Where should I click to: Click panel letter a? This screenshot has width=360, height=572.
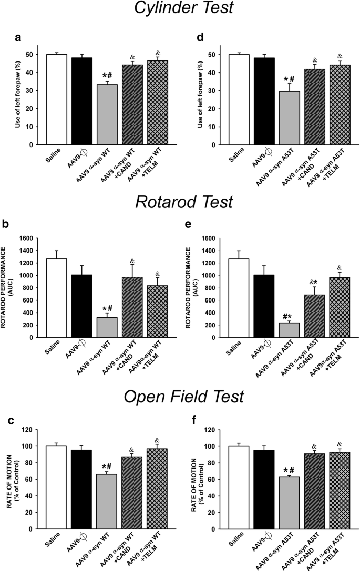click(x=19, y=37)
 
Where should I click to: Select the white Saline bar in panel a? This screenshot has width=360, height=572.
click(x=56, y=99)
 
